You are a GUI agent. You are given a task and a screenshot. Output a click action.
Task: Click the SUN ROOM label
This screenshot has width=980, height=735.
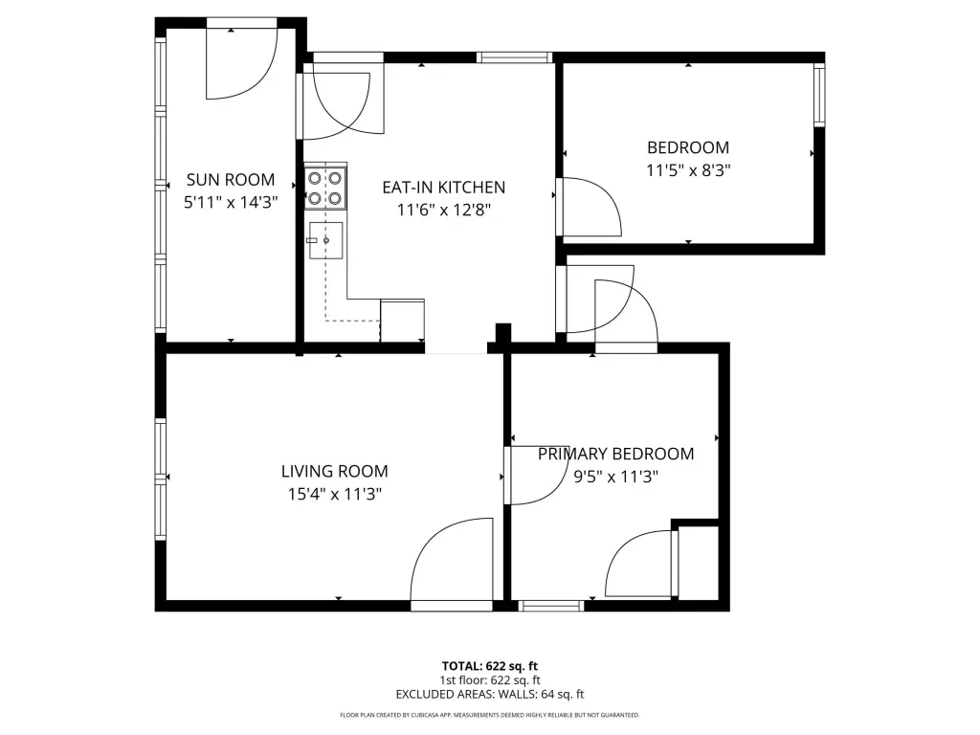(x=231, y=180)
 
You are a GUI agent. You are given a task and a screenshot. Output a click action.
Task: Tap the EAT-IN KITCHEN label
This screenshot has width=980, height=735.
(x=444, y=188)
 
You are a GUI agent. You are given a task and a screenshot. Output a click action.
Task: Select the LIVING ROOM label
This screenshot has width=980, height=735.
(x=334, y=471)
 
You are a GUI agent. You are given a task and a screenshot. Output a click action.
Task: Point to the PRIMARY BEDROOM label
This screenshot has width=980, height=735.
(x=615, y=454)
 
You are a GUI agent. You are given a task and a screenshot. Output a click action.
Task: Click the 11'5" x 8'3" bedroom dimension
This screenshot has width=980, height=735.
(x=688, y=170)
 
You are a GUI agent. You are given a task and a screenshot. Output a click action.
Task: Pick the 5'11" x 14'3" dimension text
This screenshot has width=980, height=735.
(x=231, y=203)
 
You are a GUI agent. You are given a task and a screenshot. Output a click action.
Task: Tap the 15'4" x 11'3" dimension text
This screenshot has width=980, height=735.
(x=334, y=494)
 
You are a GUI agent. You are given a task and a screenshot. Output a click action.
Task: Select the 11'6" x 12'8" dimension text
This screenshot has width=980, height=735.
(x=444, y=210)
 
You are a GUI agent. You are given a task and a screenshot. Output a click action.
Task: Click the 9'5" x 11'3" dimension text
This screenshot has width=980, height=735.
(x=615, y=477)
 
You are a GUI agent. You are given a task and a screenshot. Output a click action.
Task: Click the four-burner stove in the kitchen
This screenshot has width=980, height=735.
(x=325, y=189)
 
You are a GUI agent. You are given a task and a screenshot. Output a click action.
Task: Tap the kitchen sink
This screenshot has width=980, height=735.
(x=325, y=240)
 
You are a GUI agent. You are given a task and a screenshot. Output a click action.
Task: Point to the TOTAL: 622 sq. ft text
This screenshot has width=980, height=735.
(x=490, y=666)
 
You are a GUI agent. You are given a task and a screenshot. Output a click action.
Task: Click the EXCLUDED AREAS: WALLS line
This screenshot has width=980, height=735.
(x=490, y=695)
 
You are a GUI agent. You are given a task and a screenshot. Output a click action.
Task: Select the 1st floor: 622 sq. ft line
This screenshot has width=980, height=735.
(x=490, y=680)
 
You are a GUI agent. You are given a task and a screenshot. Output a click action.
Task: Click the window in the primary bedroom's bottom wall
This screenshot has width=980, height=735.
(x=551, y=606)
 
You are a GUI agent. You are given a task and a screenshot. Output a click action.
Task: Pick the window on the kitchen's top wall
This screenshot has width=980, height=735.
(x=514, y=57)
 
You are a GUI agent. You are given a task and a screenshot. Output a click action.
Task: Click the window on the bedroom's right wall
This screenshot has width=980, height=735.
(x=819, y=94)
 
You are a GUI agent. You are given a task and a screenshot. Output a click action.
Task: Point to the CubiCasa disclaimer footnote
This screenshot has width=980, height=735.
(x=490, y=715)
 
